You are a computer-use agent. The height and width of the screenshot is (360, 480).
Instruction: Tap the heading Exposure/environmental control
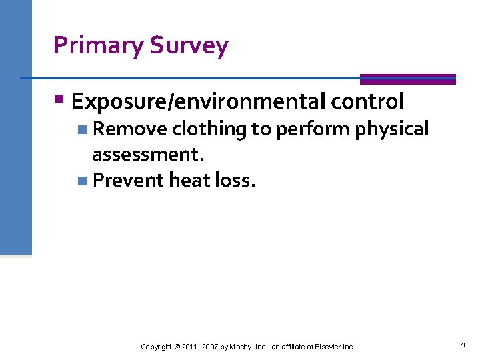coord(237,101)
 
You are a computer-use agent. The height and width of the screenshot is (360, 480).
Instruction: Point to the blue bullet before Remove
coord(81,129)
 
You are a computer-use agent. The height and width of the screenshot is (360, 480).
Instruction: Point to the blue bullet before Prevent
coord(81,180)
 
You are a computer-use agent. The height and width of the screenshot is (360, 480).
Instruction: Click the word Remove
coord(129,129)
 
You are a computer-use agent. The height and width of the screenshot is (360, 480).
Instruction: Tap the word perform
coord(313,129)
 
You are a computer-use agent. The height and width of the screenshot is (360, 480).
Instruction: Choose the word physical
coord(392,129)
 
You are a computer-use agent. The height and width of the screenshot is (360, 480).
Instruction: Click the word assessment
coord(147,154)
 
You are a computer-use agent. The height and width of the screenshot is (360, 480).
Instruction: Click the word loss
coord(235,179)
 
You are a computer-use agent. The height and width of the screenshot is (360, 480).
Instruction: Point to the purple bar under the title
coord(407,79)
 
